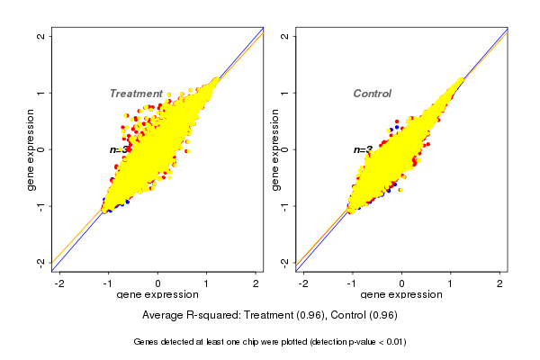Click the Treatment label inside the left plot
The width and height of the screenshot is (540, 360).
click(136, 94)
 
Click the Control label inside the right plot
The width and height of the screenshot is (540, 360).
click(372, 94)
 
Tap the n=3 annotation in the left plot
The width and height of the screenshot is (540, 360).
click(116, 149)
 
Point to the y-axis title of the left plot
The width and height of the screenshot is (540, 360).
click(31, 149)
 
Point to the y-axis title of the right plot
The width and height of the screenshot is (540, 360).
click(274, 149)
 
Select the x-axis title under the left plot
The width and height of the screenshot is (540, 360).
click(158, 295)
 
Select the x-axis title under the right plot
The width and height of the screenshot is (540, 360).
click(401, 295)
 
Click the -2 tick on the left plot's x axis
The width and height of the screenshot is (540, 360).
click(59, 283)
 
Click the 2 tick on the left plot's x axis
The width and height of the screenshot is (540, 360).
click(256, 283)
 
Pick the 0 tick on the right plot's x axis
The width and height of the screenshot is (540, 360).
click(401, 283)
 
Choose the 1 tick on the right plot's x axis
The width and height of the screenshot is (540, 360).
click(451, 283)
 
